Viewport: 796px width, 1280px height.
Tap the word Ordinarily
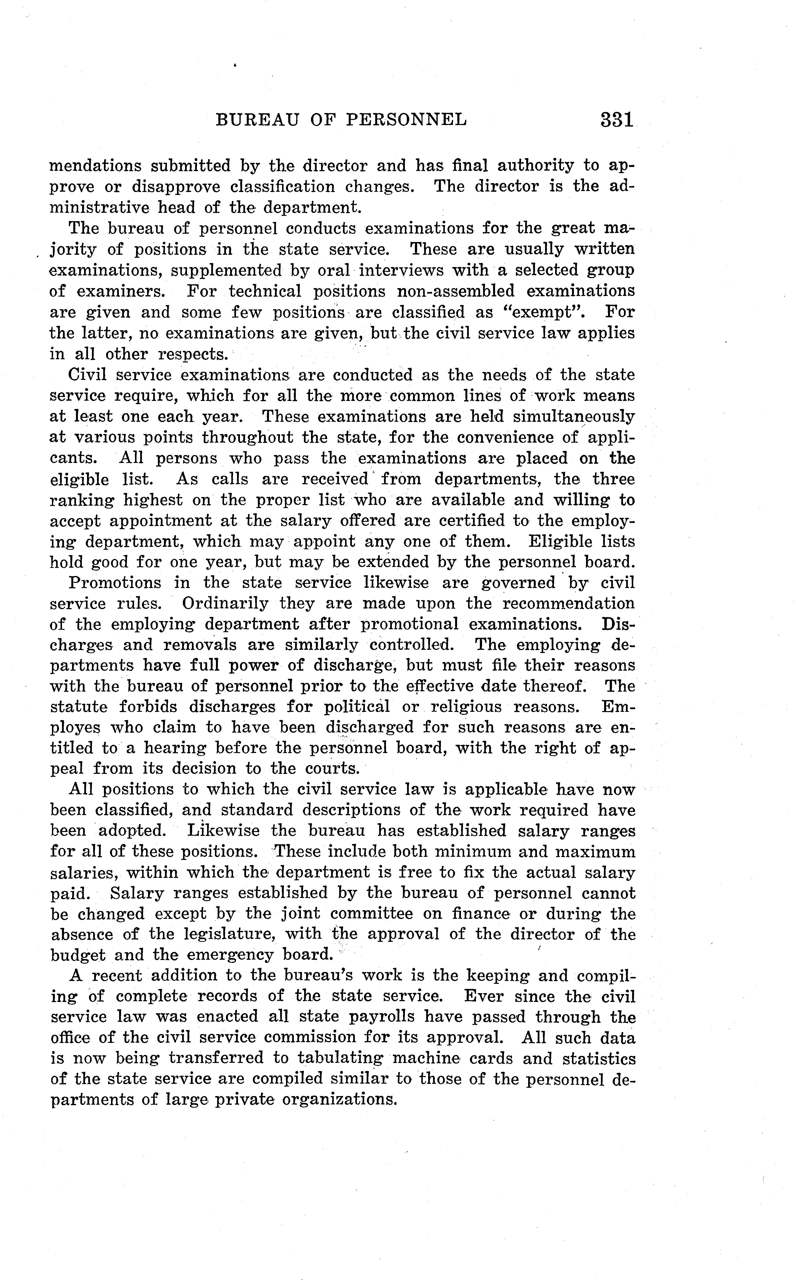(225, 604)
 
